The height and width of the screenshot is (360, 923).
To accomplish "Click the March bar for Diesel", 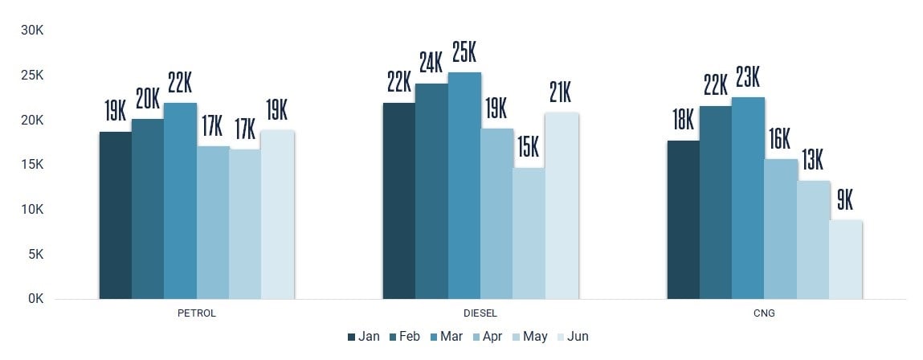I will (464, 186).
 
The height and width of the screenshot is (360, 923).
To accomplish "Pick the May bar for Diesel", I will (529, 233).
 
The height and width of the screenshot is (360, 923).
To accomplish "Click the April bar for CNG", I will (780, 229).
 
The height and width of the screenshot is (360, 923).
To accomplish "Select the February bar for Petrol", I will (148, 209).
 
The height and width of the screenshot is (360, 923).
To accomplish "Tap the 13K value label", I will (812, 161).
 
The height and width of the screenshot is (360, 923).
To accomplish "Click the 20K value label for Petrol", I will (148, 100).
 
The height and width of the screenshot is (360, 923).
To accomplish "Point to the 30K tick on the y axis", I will (32, 31).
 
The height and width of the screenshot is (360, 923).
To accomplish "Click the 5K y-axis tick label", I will (35, 254).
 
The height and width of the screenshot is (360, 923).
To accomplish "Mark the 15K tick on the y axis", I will (32, 165).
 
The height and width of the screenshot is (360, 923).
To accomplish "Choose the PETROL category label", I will (197, 313).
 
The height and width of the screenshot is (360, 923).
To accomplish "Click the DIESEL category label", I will (480, 313).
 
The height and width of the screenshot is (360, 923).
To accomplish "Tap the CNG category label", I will (764, 313).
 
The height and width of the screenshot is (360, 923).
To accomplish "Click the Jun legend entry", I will (571, 337).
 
